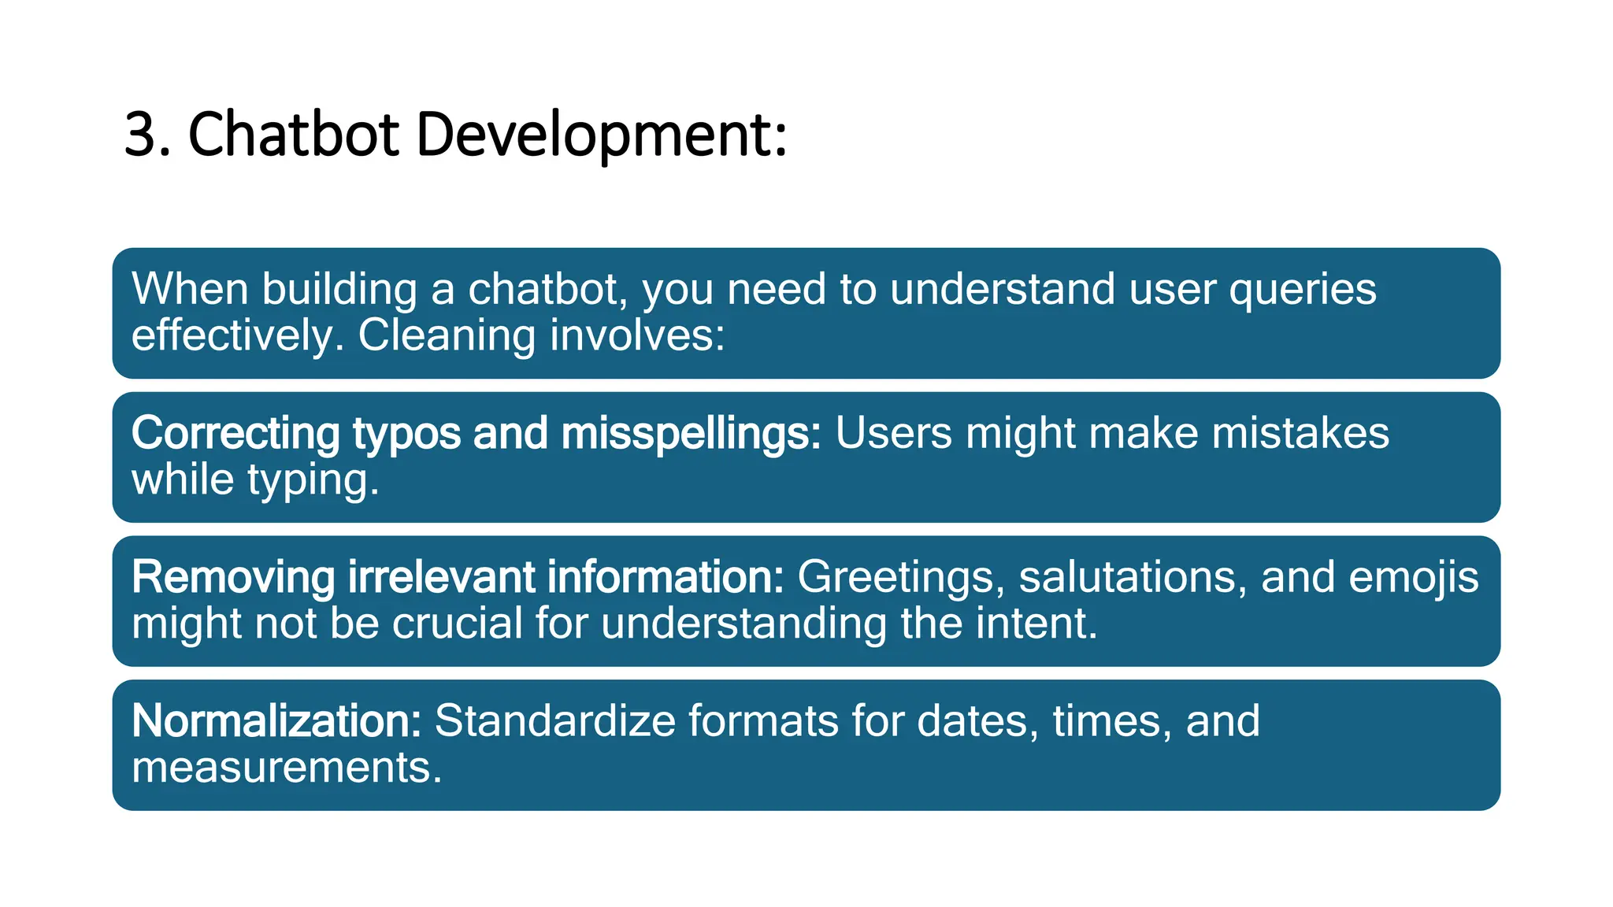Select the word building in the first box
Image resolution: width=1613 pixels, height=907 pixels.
point(339,290)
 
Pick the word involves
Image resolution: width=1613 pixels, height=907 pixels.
point(636,335)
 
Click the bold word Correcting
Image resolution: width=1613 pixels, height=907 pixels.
point(235,434)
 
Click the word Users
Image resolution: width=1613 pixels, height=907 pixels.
point(893,434)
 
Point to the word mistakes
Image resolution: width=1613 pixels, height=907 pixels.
point(1300,434)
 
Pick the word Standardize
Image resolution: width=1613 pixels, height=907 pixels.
point(555,721)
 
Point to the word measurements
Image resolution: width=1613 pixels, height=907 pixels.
point(287,768)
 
